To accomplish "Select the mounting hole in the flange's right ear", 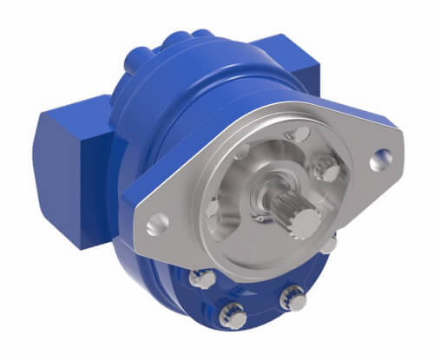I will (x=379, y=160).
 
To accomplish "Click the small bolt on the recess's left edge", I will (x=210, y=207).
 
